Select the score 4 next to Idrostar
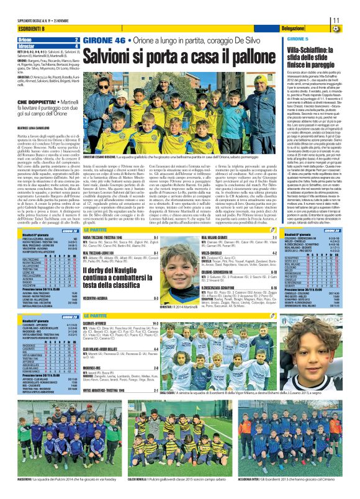[76, 45]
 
